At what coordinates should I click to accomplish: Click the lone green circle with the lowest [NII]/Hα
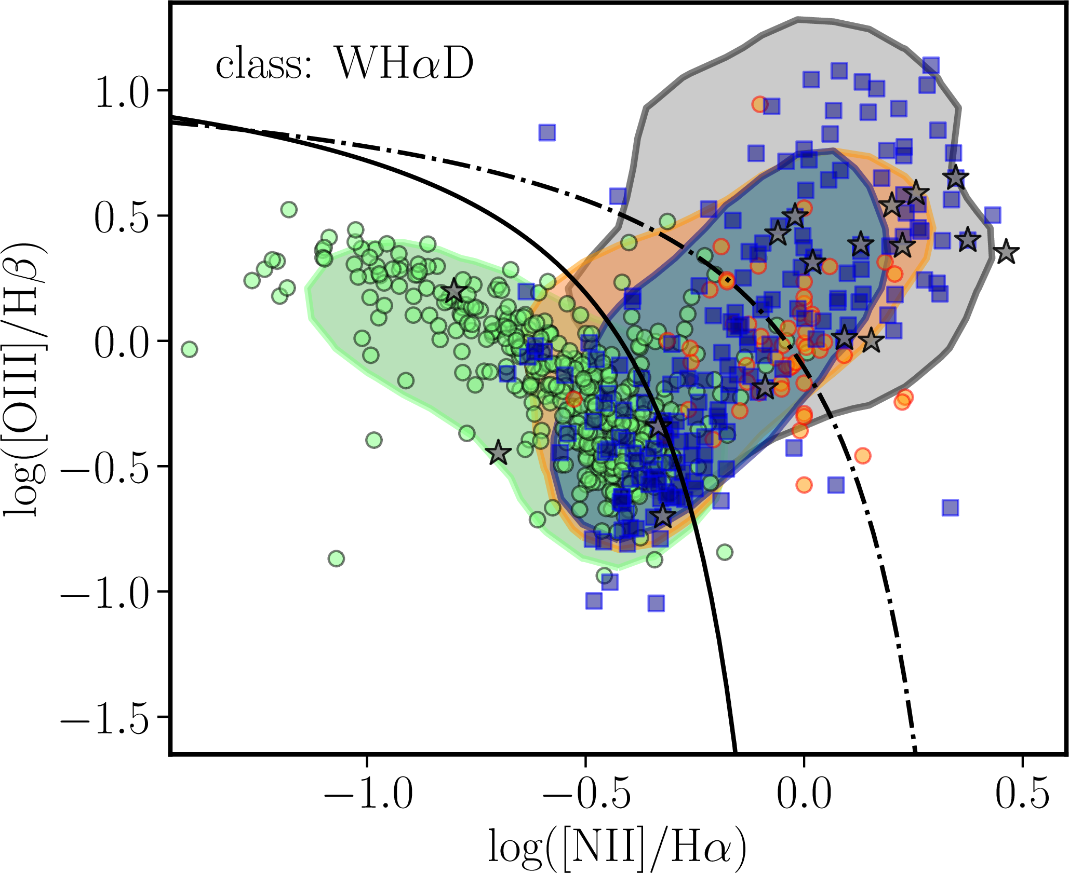(x=190, y=349)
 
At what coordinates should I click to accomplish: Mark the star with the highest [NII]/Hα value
(x=1006, y=252)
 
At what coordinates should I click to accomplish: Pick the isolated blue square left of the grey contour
(x=547, y=133)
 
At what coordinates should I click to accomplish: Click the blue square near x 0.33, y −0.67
(x=950, y=508)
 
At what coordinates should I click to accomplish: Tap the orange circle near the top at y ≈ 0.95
(x=760, y=104)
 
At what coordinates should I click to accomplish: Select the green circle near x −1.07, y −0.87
(x=337, y=558)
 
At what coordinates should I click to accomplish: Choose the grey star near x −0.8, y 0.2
(x=455, y=291)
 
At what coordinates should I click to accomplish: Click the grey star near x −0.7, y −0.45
(x=498, y=453)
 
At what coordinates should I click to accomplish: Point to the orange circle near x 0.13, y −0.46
(x=862, y=456)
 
